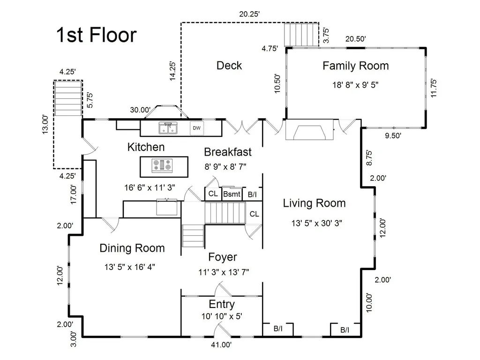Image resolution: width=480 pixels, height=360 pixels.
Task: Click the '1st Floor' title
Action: [x=96, y=35]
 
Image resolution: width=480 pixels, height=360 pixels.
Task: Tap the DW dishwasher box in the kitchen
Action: [x=196, y=128]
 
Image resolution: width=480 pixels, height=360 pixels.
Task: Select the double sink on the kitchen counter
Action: [x=168, y=128]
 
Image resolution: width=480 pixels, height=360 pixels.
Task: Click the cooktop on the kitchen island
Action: [x=162, y=165]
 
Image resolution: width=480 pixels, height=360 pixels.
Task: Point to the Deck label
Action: [x=229, y=66]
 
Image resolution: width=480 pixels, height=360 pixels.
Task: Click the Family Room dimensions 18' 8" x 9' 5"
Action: [x=355, y=85]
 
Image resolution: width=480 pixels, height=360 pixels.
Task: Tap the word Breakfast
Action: [x=228, y=152]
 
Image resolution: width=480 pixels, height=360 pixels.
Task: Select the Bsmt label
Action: [x=232, y=194]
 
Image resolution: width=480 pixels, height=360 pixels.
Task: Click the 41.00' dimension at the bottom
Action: [x=221, y=345]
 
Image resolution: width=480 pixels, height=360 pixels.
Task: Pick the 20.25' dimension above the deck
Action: [x=249, y=14]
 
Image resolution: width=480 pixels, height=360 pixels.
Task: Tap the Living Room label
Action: [x=314, y=203]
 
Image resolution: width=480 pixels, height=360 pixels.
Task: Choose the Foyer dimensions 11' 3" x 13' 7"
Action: [x=224, y=272]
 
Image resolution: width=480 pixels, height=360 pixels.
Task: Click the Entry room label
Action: [x=222, y=304]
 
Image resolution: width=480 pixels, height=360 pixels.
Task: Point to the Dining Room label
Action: [x=132, y=248]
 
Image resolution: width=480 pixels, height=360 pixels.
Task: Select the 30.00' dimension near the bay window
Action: [x=140, y=110]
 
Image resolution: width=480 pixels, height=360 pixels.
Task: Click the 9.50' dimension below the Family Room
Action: [x=393, y=135]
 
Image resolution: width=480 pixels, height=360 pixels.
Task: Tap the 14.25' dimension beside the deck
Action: [x=172, y=71]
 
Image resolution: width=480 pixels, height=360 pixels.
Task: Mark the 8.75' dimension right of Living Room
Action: [x=369, y=158]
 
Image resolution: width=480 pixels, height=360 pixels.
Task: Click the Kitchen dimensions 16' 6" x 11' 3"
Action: [x=150, y=187]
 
